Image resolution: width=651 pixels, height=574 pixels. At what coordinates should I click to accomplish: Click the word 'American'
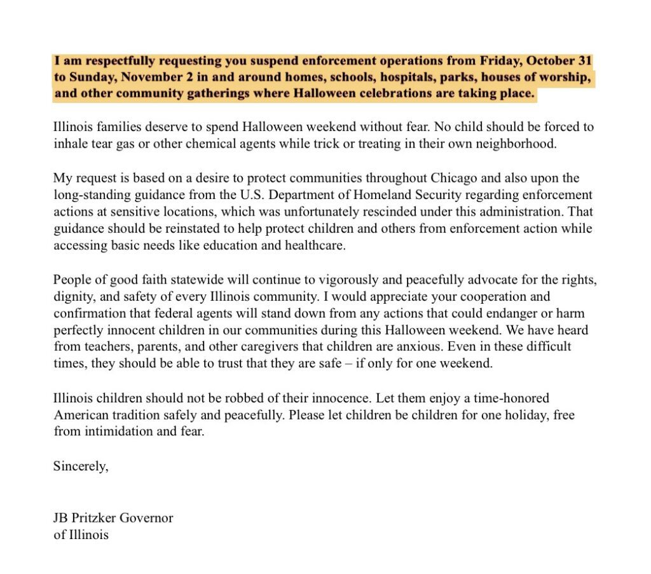tap(79, 415)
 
